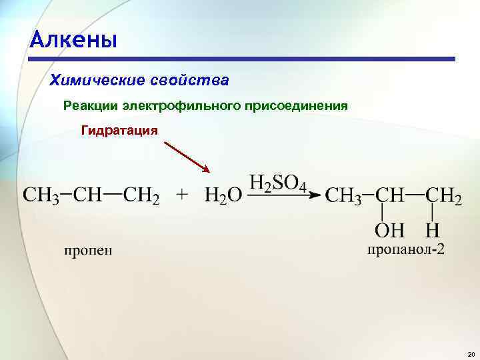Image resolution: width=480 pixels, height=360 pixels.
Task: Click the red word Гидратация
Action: point(119,129)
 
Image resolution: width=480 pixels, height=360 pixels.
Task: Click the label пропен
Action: point(89,250)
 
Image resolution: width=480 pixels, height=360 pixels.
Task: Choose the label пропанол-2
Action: point(405,250)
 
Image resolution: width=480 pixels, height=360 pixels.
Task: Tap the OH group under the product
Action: point(389,231)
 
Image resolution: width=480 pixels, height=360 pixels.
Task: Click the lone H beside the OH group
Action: point(432,231)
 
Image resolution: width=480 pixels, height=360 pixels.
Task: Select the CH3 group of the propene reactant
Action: point(41,196)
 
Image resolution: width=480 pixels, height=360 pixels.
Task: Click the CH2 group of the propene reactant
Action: point(142,196)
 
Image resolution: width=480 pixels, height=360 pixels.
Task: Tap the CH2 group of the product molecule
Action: point(443,196)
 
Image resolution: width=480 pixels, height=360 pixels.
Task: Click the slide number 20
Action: point(471,354)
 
